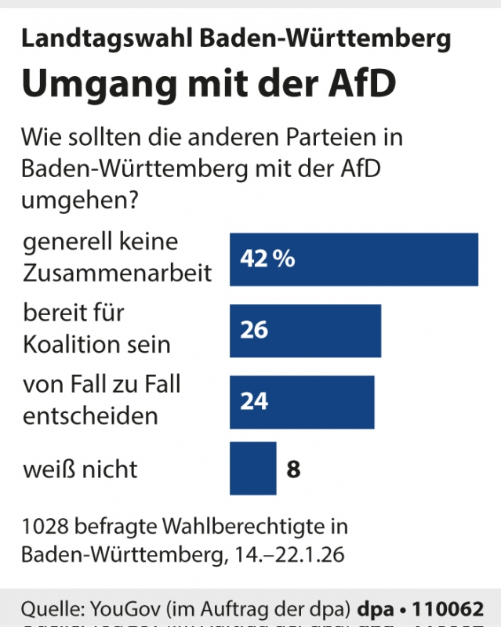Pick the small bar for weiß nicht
(x=252, y=469)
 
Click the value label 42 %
(x=267, y=259)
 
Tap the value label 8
(x=293, y=469)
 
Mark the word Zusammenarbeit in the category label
(x=118, y=273)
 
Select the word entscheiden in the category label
(x=90, y=415)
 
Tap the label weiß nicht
(x=80, y=469)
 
